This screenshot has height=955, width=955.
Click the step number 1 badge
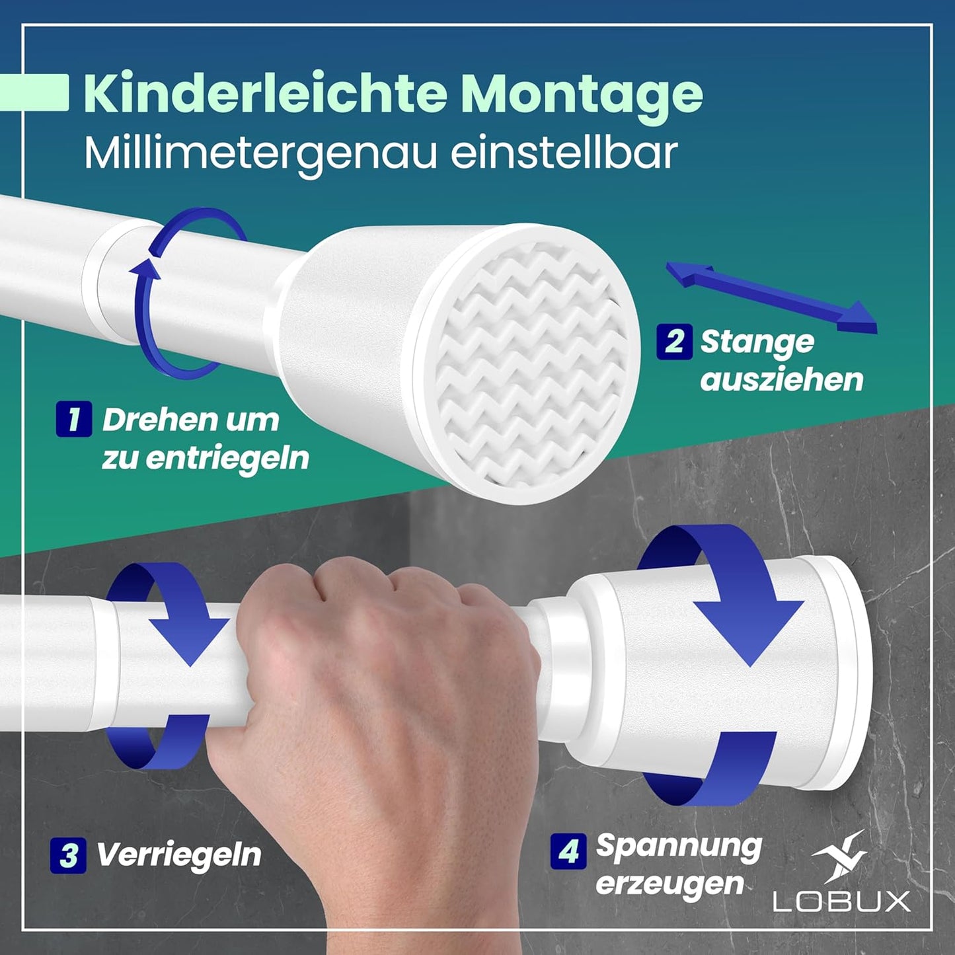(73, 419)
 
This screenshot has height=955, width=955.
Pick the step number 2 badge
(674, 342)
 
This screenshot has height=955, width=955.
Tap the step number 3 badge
(68, 855)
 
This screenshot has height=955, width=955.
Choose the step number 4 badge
(568, 851)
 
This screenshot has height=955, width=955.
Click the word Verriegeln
(179, 855)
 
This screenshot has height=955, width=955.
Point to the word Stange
(757, 342)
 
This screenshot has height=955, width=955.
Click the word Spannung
(679, 847)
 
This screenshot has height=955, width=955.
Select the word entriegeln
(227, 458)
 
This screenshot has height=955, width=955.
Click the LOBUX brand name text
(841, 901)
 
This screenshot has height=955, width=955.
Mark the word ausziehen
(782, 380)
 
